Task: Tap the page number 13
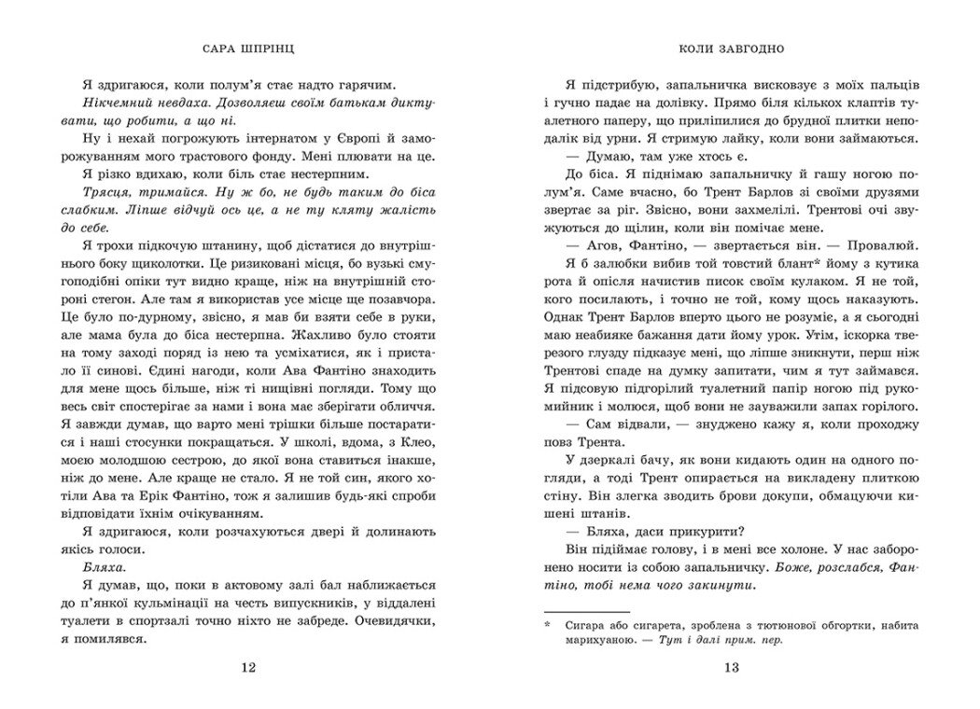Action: click(x=732, y=667)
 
